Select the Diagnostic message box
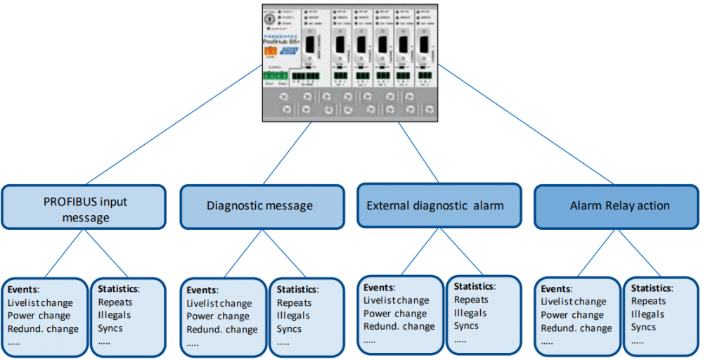259,206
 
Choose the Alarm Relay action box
619,205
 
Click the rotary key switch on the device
270,20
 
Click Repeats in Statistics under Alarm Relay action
648,302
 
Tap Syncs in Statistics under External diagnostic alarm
466,326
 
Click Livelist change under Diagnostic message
219,303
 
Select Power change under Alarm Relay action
572,315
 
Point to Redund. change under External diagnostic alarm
399,326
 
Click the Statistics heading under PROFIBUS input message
119,289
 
